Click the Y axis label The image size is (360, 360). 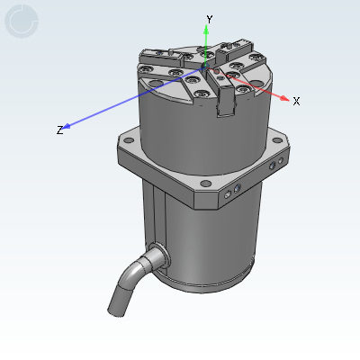click(x=210, y=20)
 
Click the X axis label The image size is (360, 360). click(x=296, y=102)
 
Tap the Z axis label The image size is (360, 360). click(x=60, y=130)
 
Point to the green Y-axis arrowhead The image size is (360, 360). click(x=206, y=30)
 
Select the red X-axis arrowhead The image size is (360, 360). click(x=283, y=98)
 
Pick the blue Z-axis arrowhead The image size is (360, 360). click(x=66, y=127)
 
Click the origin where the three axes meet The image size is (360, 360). click(x=206, y=66)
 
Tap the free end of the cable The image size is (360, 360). click(x=115, y=312)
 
